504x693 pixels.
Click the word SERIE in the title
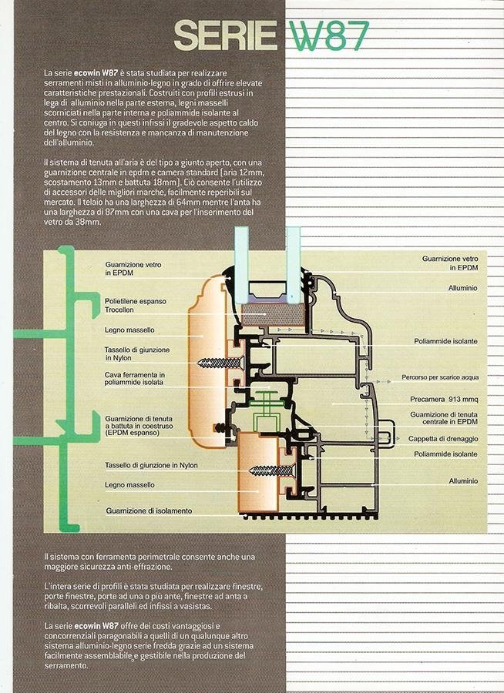point(225,35)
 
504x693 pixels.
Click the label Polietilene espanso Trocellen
point(136,306)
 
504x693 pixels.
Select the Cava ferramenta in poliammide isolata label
point(135,378)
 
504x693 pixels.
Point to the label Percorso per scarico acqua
point(440,377)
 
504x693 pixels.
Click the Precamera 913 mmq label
point(444,399)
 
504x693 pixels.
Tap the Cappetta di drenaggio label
point(443,439)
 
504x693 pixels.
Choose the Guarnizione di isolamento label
point(150,511)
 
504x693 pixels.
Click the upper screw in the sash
point(220,363)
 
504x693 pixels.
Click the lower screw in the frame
point(272,470)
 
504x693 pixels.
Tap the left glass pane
point(242,265)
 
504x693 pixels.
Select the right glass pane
point(293,265)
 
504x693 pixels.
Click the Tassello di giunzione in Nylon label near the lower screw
point(151,465)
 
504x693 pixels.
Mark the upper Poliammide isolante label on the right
point(445,341)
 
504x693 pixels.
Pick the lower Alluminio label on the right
point(463,480)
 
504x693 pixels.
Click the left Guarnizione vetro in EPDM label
point(133,269)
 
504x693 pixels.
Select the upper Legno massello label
point(129,330)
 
